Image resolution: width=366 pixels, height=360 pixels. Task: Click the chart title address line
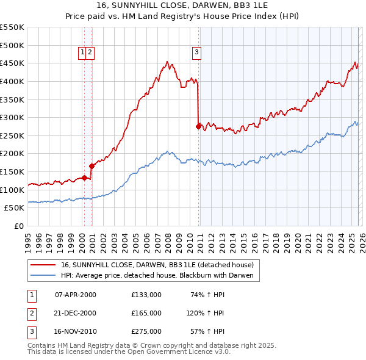182,6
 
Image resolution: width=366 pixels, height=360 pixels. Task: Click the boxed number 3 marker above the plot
197,53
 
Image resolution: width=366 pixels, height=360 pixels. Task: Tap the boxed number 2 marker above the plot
90,53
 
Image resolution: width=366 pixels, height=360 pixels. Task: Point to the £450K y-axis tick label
12,63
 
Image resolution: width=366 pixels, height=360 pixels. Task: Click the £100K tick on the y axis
12,190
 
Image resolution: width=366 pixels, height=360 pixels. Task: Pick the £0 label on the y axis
18,226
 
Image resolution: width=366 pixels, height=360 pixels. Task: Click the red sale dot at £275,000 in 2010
198,126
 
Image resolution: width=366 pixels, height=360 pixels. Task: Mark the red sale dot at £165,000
92,165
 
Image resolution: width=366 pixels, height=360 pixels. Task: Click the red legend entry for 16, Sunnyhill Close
161,265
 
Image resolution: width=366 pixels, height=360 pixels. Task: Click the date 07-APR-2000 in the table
75,295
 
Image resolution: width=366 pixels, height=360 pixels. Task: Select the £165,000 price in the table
146,313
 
